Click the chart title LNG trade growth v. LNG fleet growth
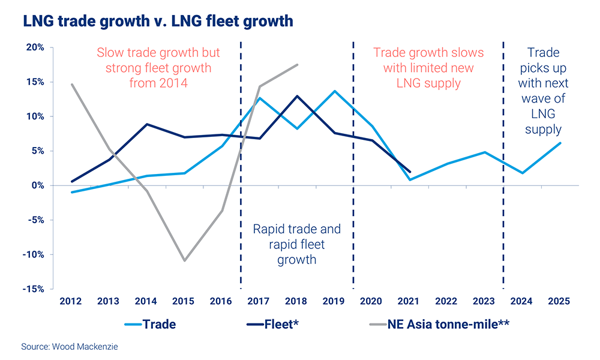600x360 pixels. click(x=158, y=22)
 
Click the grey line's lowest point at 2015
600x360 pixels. click(x=184, y=260)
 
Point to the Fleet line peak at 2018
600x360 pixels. click(x=297, y=96)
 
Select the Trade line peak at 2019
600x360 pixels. click(x=334, y=91)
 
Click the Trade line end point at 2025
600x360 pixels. click(x=560, y=143)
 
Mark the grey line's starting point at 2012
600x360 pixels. click(x=72, y=84)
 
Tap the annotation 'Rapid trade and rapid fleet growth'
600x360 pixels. click(x=297, y=245)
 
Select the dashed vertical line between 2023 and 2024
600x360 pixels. click(x=503, y=180)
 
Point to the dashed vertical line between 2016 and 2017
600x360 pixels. click(x=241, y=180)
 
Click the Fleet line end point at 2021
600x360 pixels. click(x=409, y=172)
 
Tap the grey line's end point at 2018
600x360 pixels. click(x=298, y=65)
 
